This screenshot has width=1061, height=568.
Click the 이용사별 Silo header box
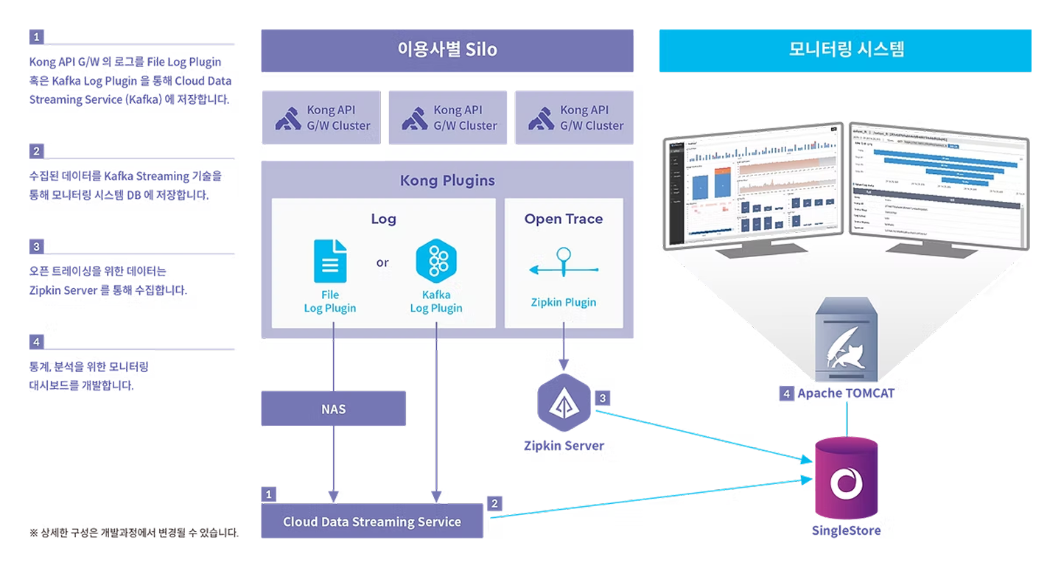pos(447,50)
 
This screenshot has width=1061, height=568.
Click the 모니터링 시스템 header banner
pos(844,50)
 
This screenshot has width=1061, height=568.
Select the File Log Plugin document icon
pos(330,261)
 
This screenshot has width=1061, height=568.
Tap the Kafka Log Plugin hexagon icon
pos(435,261)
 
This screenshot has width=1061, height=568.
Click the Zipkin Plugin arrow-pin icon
pos(564,264)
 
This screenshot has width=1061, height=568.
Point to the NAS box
pos(333,409)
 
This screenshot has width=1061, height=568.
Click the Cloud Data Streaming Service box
pos(372,522)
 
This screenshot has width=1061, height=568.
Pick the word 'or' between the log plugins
pos(382,262)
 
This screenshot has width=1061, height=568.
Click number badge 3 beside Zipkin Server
pos(603,399)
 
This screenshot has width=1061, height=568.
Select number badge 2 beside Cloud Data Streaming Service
pos(494,503)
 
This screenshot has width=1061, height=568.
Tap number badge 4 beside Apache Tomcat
pos(787,394)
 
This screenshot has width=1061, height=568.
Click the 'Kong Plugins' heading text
pos(447,180)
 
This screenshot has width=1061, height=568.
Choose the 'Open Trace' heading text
pos(564,219)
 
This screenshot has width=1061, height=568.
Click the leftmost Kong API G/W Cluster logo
pos(288,118)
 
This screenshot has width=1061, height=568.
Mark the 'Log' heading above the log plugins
pos(383,219)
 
